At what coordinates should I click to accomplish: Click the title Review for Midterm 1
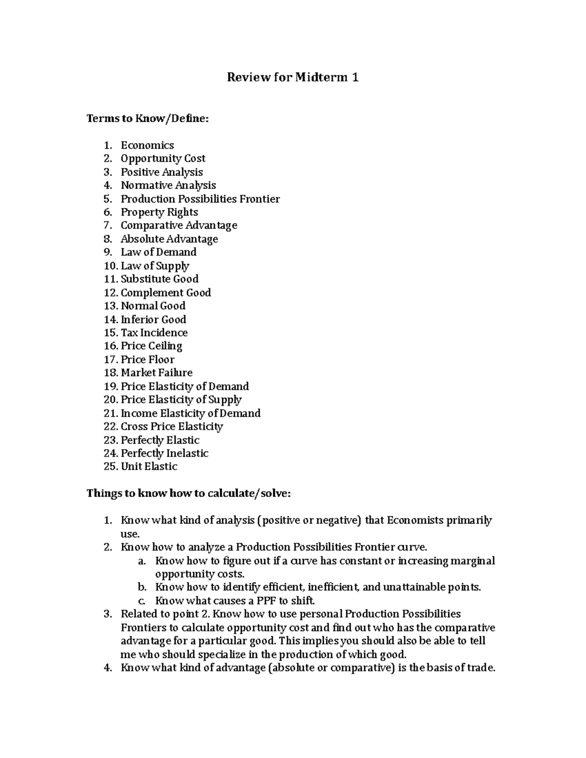[293, 77]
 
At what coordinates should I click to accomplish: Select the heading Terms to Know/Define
[147, 118]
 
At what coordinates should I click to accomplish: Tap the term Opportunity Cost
[163, 159]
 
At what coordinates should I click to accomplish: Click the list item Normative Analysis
[168, 185]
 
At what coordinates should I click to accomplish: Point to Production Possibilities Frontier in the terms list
[200, 199]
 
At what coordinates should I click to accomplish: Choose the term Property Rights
[159, 212]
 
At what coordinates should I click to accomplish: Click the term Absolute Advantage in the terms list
[169, 239]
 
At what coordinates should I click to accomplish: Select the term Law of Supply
[155, 266]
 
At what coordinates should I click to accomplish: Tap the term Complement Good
[166, 293]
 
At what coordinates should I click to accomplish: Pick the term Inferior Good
[153, 320]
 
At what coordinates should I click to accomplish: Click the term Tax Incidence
[154, 333]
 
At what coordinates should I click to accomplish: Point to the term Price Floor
[147, 360]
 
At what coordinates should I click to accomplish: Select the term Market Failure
[156, 373]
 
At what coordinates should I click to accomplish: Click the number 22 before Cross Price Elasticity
[110, 427]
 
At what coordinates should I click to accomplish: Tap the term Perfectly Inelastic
[165, 453]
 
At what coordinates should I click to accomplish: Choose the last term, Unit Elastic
[149, 467]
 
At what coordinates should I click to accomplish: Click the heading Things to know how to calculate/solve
[188, 493]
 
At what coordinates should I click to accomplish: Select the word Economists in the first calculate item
[416, 520]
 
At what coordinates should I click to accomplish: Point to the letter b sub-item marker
[142, 587]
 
